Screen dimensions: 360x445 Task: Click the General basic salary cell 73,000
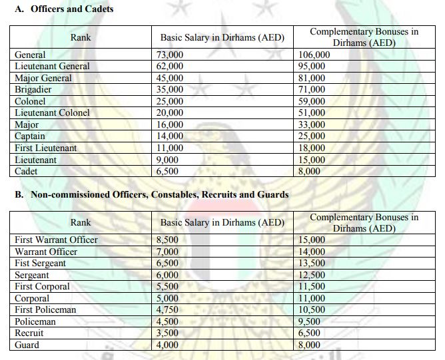[x=170, y=55]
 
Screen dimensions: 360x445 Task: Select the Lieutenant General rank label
[x=52, y=67]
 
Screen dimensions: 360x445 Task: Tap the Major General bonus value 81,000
[x=312, y=78]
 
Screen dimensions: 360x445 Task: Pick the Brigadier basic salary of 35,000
[x=170, y=90]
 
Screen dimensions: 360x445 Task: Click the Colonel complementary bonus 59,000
[x=312, y=102]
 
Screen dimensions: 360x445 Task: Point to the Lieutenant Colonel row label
[x=52, y=113]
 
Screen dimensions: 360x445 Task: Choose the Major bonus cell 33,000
[x=312, y=125]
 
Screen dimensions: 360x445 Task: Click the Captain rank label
[x=31, y=136]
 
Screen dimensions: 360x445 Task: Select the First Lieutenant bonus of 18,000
[x=312, y=148]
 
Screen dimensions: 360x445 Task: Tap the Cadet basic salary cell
[x=167, y=172]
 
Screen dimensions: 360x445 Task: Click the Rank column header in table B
[x=81, y=223]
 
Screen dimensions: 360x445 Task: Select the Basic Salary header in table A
[x=222, y=38]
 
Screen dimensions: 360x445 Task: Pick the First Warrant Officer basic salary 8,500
[x=167, y=240]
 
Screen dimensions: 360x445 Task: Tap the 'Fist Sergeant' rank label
[x=40, y=264]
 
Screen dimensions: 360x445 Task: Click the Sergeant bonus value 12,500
[x=312, y=275]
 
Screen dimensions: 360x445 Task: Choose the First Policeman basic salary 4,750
[x=167, y=310]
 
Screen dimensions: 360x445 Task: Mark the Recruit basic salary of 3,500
[x=167, y=333]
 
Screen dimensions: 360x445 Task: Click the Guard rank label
[x=27, y=345]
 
